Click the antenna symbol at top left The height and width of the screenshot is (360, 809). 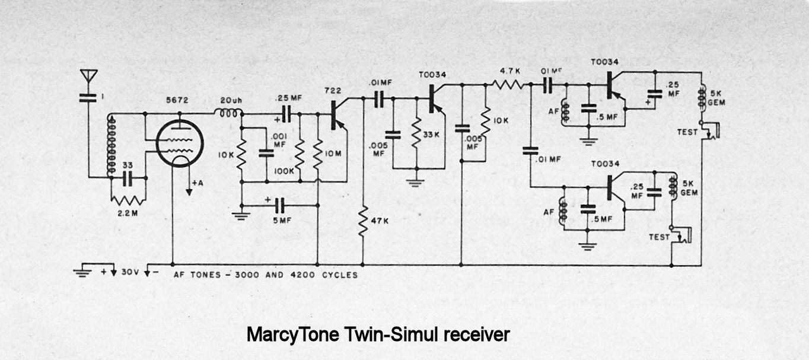pos(88,77)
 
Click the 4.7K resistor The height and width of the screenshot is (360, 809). pos(509,85)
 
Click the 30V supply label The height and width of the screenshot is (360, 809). pos(130,273)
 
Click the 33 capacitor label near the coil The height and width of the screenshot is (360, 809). pos(126,166)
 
